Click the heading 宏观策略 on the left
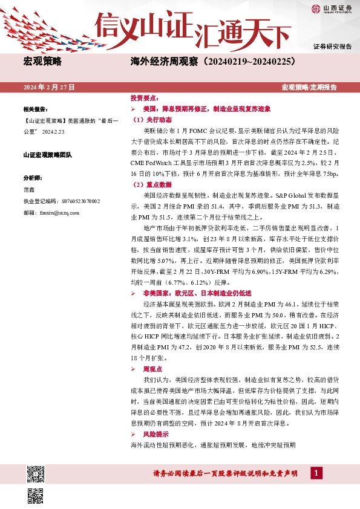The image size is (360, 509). click(42, 62)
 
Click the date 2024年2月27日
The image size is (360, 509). click(49, 87)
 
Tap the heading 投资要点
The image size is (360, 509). click(145, 97)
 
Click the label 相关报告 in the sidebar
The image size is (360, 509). click(35, 109)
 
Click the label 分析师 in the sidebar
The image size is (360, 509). click(33, 178)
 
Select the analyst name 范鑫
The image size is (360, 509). click(29, 189)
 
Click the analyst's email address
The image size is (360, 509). click(54, 213)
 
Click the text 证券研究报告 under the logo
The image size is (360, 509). click(332, 46)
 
